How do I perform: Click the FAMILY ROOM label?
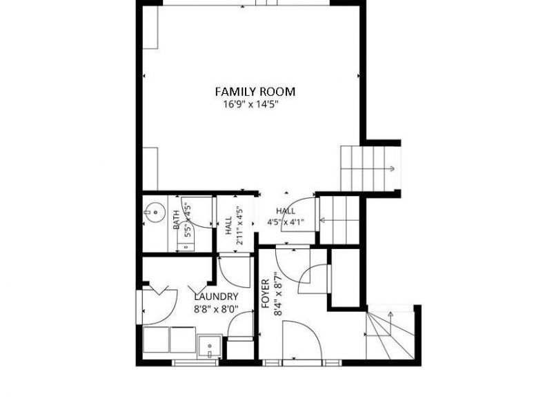(x=255, y=92)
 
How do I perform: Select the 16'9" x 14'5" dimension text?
(x=251, y=104)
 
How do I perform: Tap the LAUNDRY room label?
(x=216, y=297)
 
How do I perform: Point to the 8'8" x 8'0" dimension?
(x=216, y=309)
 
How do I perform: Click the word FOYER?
(x=266, y=294)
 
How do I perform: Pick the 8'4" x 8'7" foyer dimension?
(x=278, y=294)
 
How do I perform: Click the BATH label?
(x=176, y=219)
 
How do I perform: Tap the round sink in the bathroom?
(x=154, y=213)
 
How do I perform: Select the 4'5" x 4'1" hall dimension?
(x=286, y=222)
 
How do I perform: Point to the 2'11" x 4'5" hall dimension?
(x=239, y=226)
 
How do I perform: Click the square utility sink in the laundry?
(x=210, y=346)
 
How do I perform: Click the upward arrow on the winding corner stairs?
(x=390, y=323)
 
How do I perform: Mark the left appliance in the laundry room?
(x=156, y=339)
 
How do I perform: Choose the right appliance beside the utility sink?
(x=183, y=339)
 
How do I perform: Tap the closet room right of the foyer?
(x=346, y=278)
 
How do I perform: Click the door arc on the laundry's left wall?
(x=166, y=310)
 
